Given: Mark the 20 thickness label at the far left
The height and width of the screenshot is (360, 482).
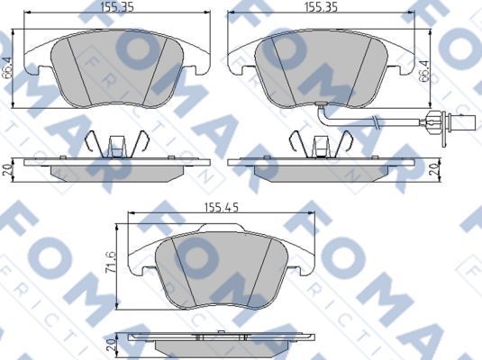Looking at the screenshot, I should (x=8, y=169).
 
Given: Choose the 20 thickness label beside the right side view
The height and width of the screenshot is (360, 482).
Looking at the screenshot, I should (x=432, y=169).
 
